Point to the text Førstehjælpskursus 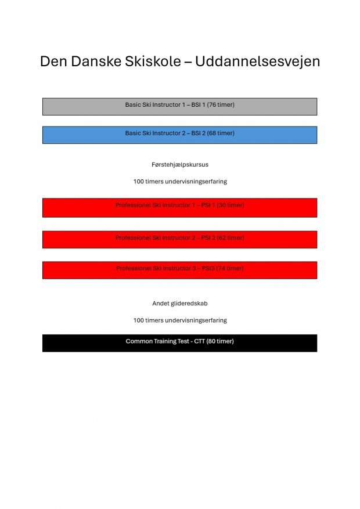(180, 165)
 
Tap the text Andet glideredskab (180, 304)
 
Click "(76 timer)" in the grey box (221, 105)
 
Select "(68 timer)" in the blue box (221, 133)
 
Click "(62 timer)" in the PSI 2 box (231, 238)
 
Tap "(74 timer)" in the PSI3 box (230, 269)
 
